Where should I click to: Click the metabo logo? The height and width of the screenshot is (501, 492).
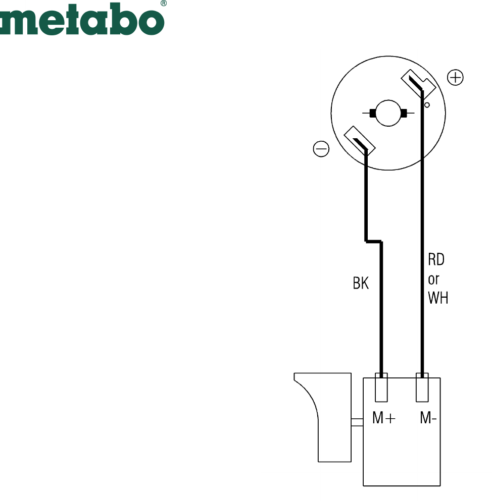82,19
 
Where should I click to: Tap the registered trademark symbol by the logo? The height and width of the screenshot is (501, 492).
164,3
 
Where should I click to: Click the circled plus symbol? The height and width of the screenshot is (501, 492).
455,77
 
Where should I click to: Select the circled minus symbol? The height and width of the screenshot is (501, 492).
321,149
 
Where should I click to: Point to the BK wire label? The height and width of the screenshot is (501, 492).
361,283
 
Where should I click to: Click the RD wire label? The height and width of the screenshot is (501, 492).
436,259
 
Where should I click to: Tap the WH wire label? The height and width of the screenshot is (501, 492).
438,298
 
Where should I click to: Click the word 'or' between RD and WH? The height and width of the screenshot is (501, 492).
433,280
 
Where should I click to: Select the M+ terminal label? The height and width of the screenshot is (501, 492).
384,418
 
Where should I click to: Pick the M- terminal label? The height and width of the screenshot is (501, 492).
428,418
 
